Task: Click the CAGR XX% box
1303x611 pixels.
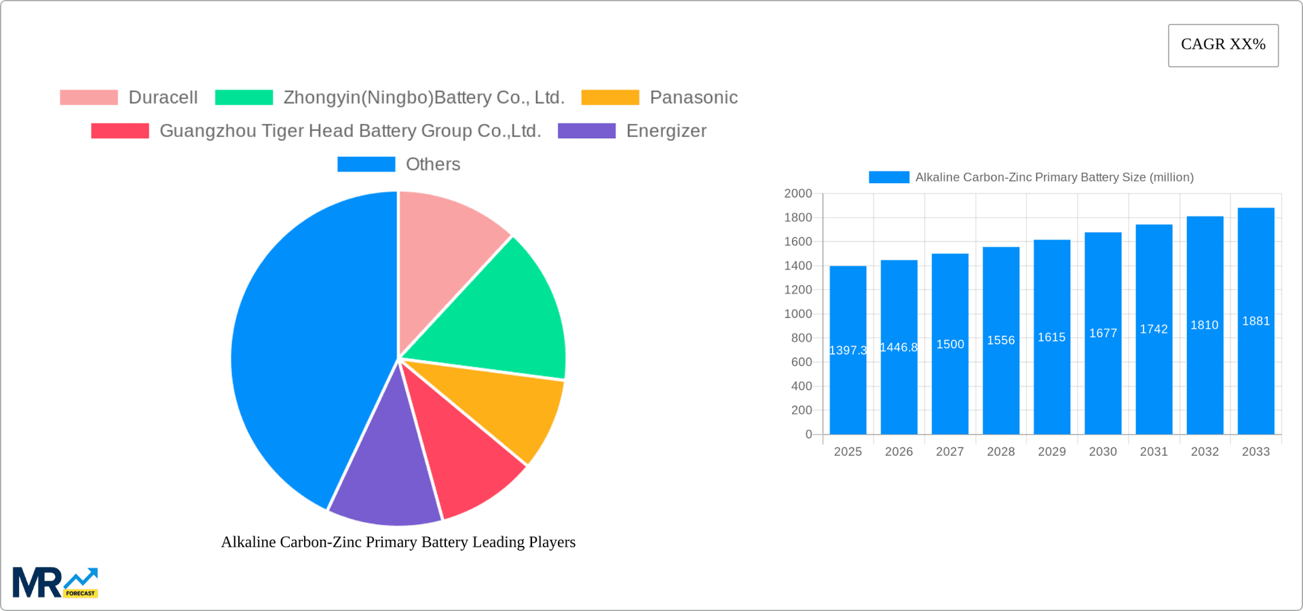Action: click(1223, 45)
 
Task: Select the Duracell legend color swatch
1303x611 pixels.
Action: click(89, 98)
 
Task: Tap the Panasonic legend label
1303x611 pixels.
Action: click(693, 98)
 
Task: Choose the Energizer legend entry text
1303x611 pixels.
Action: click(666, 131)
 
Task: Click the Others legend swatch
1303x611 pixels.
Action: click(366, 164)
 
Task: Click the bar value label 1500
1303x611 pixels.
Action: click(950, 344)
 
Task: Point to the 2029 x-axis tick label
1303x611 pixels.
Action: click(1051, 452)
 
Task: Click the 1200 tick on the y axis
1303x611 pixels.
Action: click(798, 290)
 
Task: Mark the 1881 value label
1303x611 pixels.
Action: click(1255, 321)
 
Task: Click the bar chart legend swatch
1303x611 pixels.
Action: click(889, 177)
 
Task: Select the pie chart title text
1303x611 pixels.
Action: click(398, 542)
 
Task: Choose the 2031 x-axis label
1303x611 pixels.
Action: click(1154, 452)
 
